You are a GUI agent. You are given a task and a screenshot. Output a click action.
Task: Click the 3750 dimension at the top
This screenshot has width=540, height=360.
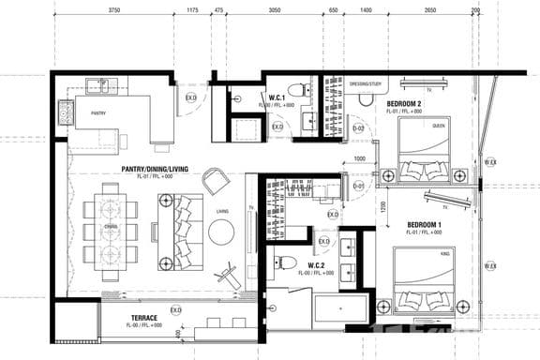[x=113, y=10]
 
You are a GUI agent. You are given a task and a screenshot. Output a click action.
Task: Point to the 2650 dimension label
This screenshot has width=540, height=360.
[x=429, y=10]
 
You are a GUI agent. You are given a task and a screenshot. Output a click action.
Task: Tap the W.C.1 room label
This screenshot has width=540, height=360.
[x=277, y=97]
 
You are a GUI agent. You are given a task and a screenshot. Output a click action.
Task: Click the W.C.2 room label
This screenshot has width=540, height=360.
[x=317, y=266]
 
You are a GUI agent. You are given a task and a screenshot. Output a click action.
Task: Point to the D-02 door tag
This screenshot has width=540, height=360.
[x=357, y=127]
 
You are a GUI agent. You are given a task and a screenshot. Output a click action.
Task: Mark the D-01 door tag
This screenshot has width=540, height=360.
[x=357, y=186]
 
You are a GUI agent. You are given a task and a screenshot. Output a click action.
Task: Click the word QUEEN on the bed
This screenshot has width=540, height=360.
[x=438, y=125]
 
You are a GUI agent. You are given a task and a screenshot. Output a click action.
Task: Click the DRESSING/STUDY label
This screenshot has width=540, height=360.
[x=365, y=83]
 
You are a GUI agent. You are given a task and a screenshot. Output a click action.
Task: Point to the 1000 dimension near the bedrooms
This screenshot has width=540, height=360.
[x=359, y=158]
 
